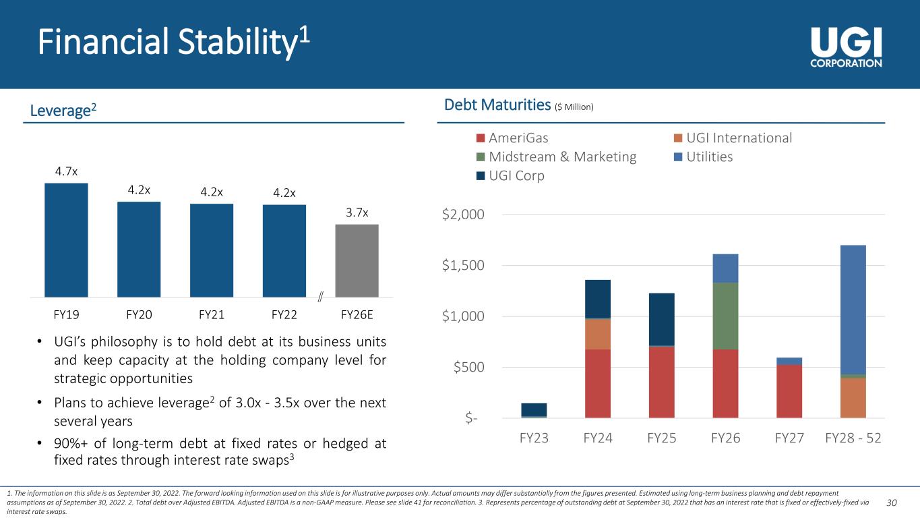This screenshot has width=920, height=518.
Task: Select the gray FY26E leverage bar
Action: [x=357, y=260]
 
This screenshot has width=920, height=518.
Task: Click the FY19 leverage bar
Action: [x=66, y=240]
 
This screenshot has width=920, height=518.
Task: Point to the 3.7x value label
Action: [x=357, y=212]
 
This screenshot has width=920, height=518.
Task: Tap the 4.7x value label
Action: [x=66, y=171]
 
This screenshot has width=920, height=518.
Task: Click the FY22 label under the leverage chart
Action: [x=284, y=315]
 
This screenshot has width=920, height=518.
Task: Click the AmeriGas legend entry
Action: [x=512, y=138]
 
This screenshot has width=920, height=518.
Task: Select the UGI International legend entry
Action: [x=733, y=138]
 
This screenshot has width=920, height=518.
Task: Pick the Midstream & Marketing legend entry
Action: [x=557, y=156]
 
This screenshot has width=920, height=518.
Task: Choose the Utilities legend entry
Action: [x=703, y=156]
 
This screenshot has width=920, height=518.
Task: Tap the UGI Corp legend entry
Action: [x=510, y=175]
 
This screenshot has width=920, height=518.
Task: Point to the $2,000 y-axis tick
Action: [x=463, y=214]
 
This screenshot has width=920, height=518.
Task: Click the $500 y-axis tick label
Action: [x=468, y=367]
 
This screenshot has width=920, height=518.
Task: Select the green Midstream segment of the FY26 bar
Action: [x=725, y=316]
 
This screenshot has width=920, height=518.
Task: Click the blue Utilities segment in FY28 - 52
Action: [x=853, y=310]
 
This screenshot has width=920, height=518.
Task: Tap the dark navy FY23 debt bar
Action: [x=534, y=410]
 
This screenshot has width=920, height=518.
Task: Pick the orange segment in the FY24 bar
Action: [x=598, y=335]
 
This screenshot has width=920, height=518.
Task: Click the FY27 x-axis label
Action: [x=789, y=438]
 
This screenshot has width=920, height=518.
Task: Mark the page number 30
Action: [x=892, y=502]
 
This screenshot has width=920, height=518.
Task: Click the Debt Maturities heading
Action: [x=497, y=105]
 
